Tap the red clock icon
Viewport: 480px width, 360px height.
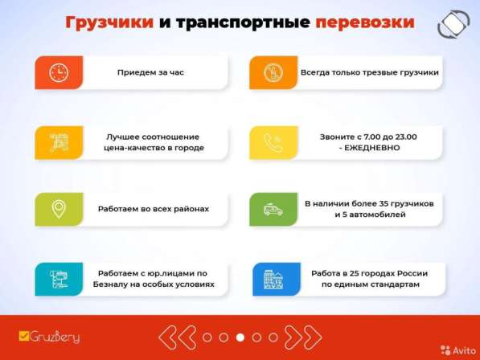(59, 72)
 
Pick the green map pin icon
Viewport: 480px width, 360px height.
(59, 209)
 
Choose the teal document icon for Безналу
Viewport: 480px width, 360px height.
(59, 279)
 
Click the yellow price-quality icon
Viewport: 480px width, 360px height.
(59, 142)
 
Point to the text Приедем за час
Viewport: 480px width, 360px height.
(150, 72)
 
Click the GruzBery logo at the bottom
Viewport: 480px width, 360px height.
(49, 337)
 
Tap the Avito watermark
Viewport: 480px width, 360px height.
(454, 350)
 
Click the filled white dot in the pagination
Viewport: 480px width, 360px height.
(240, 337)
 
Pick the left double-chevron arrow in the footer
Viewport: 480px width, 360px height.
(177, 337)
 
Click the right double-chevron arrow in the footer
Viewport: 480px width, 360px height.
(303, 337)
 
